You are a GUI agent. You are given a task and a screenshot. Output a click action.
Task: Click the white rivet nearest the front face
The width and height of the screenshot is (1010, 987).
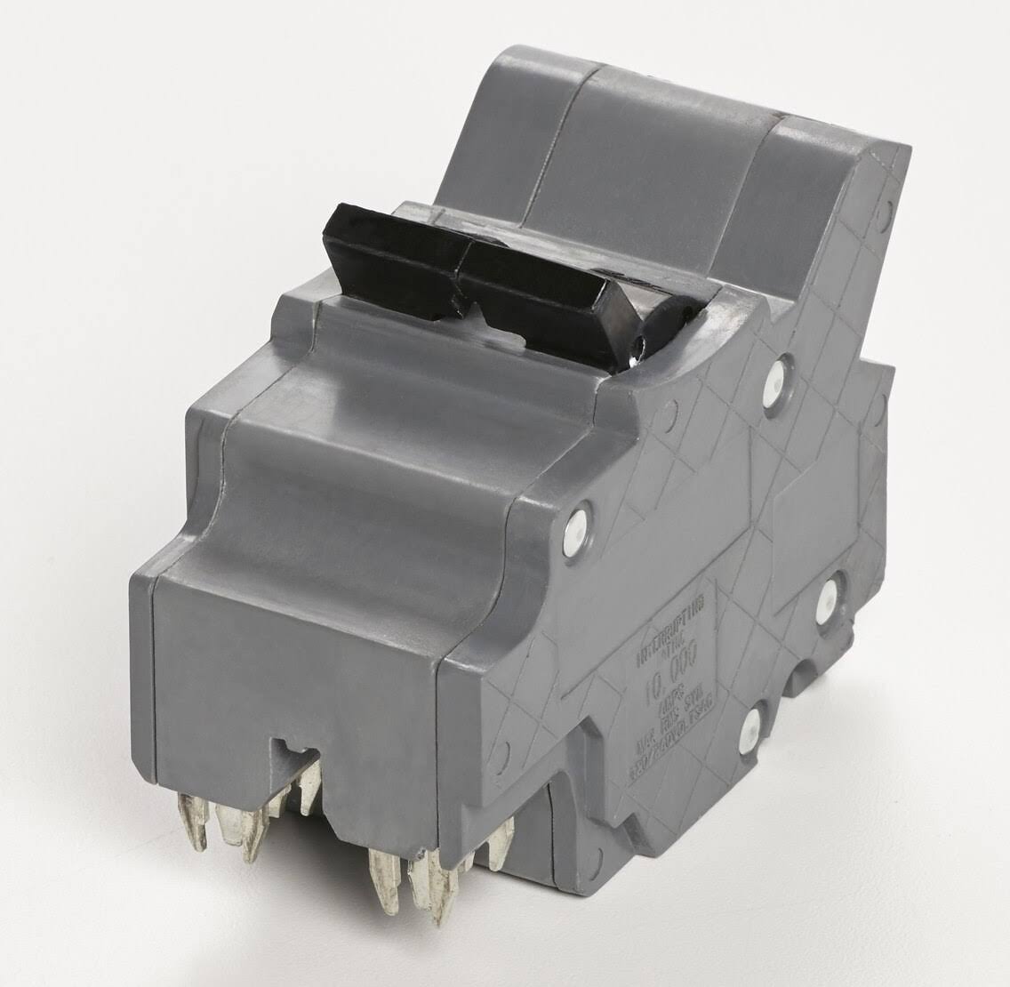(581, 519)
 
